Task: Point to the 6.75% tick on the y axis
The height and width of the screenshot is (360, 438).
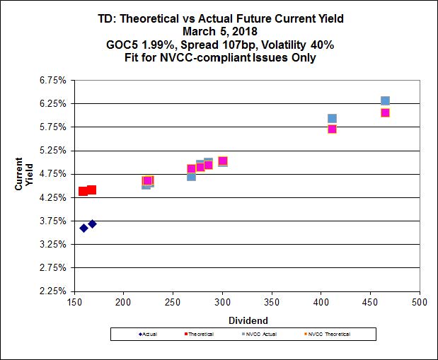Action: coord(52,80)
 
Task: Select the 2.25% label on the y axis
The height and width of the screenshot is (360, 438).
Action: coord(52,291)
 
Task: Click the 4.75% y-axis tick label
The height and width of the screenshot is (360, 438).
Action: coord(52,173)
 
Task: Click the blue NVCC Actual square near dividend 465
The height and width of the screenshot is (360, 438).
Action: coord(385,101)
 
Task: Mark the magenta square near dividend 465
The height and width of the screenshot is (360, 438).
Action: coord(385,112)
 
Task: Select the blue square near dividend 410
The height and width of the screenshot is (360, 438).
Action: coord(332,119)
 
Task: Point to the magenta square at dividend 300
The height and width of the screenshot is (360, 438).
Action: coord(222,161)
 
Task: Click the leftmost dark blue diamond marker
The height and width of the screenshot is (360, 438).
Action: coord(83,228)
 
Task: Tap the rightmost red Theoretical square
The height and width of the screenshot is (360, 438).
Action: coord(91,190)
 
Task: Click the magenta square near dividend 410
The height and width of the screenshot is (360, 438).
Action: coord(332,129)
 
